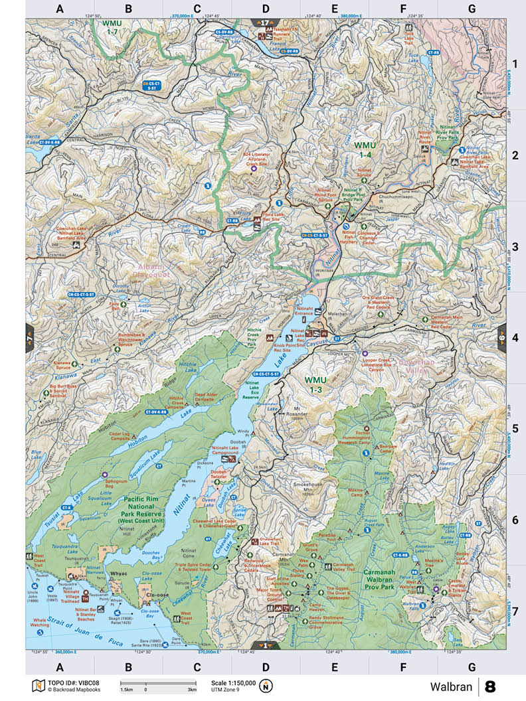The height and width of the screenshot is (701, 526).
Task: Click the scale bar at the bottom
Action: point(158,683)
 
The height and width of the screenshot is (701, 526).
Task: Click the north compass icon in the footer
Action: point(266,686)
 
